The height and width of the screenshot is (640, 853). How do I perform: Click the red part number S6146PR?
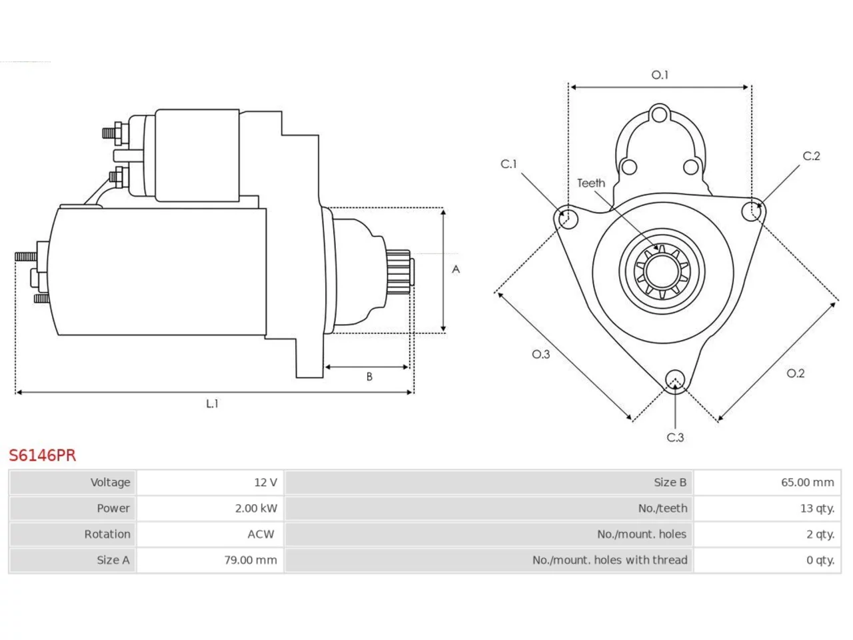point(43,455)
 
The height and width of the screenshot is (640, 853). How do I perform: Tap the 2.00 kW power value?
point(256,508)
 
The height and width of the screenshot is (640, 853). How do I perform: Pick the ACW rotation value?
point(261,534)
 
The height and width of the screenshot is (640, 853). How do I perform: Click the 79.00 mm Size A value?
point(251,560)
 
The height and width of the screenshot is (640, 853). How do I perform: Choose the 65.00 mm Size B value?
point(808,482)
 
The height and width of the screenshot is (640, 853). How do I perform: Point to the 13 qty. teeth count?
point(817,508)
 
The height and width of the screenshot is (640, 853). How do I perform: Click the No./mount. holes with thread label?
point(610,560)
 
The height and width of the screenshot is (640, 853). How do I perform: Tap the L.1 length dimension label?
point(212,404)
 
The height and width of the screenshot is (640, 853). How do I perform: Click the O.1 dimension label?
point(660,75)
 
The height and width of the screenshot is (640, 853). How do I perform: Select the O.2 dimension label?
point(796,373)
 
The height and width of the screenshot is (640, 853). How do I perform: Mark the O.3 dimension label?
point(541,354)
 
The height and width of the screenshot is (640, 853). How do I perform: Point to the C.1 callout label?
point(508,164)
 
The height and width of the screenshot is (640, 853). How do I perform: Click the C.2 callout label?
point(812,156)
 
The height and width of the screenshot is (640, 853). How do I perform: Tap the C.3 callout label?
point(676,437)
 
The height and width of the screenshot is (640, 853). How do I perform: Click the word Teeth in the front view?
point(591,183)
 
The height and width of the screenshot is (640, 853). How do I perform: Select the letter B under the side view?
point(370,377)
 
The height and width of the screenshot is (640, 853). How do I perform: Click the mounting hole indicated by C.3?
point(675,379)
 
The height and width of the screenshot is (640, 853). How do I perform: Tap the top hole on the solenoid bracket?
point(660,115)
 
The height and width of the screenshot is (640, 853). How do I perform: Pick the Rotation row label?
point(107,534)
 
